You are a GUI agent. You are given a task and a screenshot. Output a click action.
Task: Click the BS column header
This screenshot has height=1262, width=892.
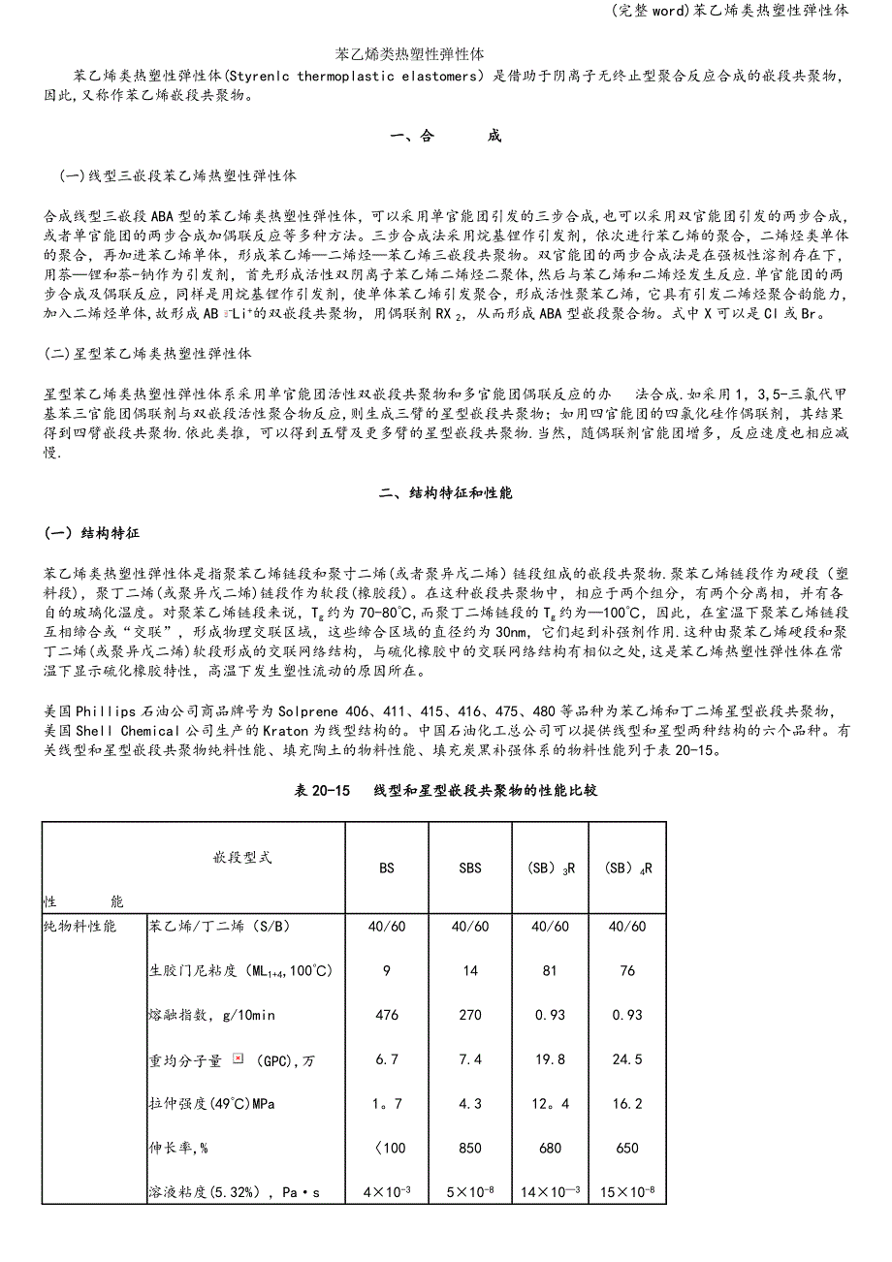(x=387, y=868)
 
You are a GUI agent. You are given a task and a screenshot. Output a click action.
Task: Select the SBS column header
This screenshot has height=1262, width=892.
(x=469, y=868)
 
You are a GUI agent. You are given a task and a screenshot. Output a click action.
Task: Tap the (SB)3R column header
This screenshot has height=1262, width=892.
(x=550, y=868)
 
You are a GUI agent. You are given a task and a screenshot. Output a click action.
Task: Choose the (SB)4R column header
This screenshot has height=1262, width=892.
(x=627, y=868)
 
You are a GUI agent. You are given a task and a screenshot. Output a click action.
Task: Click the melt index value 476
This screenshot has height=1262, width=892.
(x=387, y=1016)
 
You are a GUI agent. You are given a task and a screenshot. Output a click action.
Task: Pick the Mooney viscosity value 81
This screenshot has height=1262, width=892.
(x=550, y=971)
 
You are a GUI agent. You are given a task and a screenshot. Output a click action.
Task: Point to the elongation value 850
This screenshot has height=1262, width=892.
(x=469, y=1149)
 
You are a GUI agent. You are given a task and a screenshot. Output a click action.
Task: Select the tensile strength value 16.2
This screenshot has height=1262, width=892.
(x=627, y=1104)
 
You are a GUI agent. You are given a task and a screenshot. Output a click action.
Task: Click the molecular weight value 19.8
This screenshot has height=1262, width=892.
(x=550, y=1060)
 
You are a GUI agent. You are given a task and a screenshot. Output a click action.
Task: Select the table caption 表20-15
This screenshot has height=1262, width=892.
(x=327, y=791)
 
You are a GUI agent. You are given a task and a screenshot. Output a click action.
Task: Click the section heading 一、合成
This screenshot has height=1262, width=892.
(x=446, y=137)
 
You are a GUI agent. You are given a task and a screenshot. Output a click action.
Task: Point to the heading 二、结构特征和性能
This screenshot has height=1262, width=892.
(x=446, y=493)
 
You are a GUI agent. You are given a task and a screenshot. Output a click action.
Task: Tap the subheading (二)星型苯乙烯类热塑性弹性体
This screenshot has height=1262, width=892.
(x=148, y=355)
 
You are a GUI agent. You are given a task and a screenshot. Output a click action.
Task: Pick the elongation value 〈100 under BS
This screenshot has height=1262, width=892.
(x=387, y=1149)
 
